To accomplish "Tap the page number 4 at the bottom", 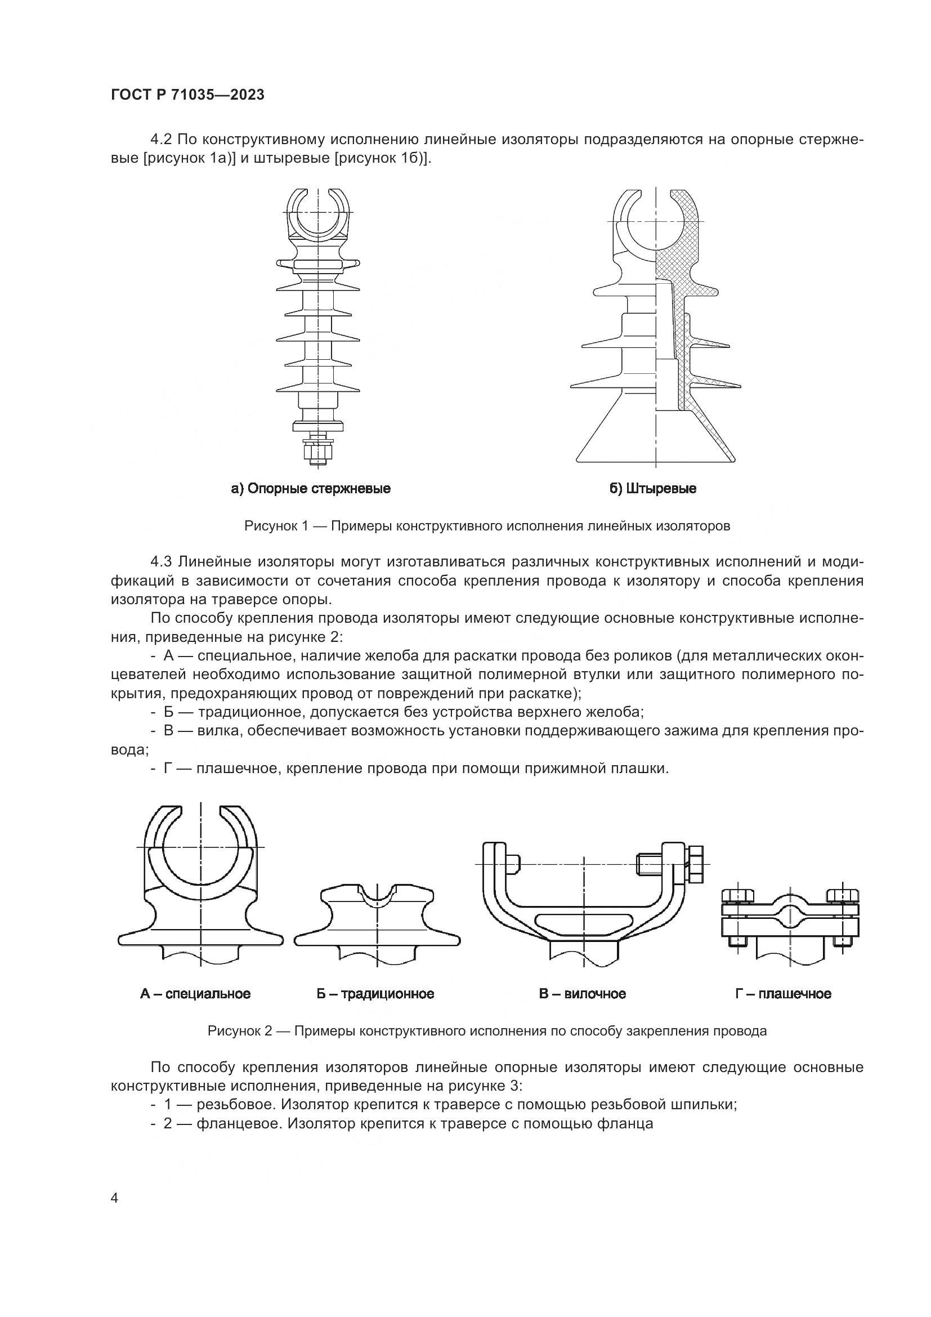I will [114, 1198].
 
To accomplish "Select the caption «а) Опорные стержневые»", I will [311, 489].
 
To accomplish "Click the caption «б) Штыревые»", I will [652, 489].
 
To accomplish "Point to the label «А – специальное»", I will [195, 993].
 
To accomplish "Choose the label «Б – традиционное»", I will [375, 993].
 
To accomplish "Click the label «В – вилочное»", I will [582, 993].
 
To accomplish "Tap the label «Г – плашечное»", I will [783, 993].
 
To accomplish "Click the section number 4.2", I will [162, 140].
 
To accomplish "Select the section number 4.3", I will [162, 561].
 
